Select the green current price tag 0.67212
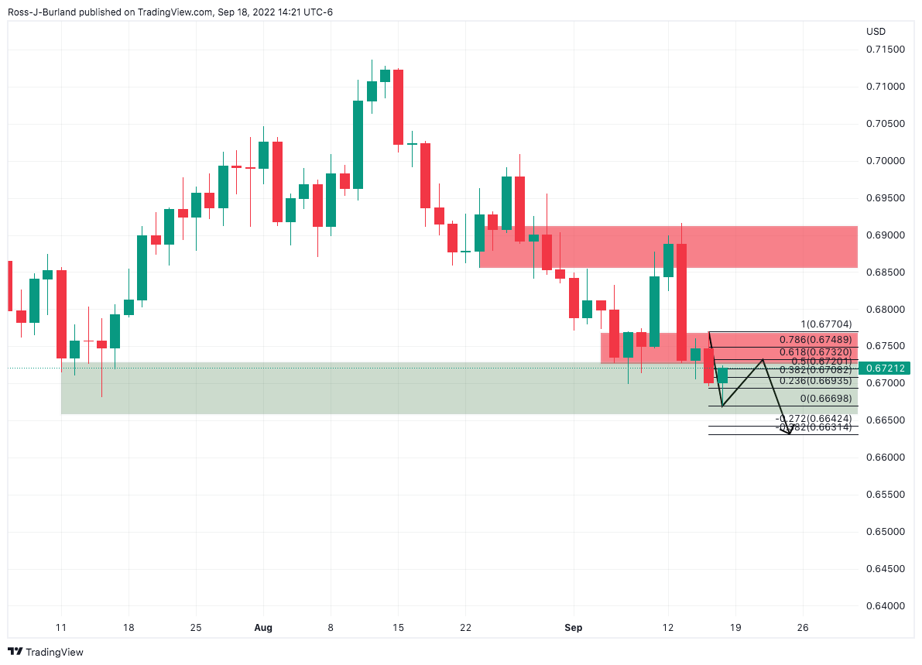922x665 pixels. (883, 368)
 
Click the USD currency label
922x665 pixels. (876, 32)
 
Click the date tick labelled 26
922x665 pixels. (803, 627)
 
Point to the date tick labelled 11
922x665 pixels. (61, 627)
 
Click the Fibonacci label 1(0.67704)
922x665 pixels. (826, 325)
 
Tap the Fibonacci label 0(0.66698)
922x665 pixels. (826, 398)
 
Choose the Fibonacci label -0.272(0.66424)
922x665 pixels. (814, 419)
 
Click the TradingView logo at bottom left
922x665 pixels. (46, 653)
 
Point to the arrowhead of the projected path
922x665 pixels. (789, 434)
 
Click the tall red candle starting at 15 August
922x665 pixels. (398, 107)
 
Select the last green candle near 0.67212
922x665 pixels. (722, 375)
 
